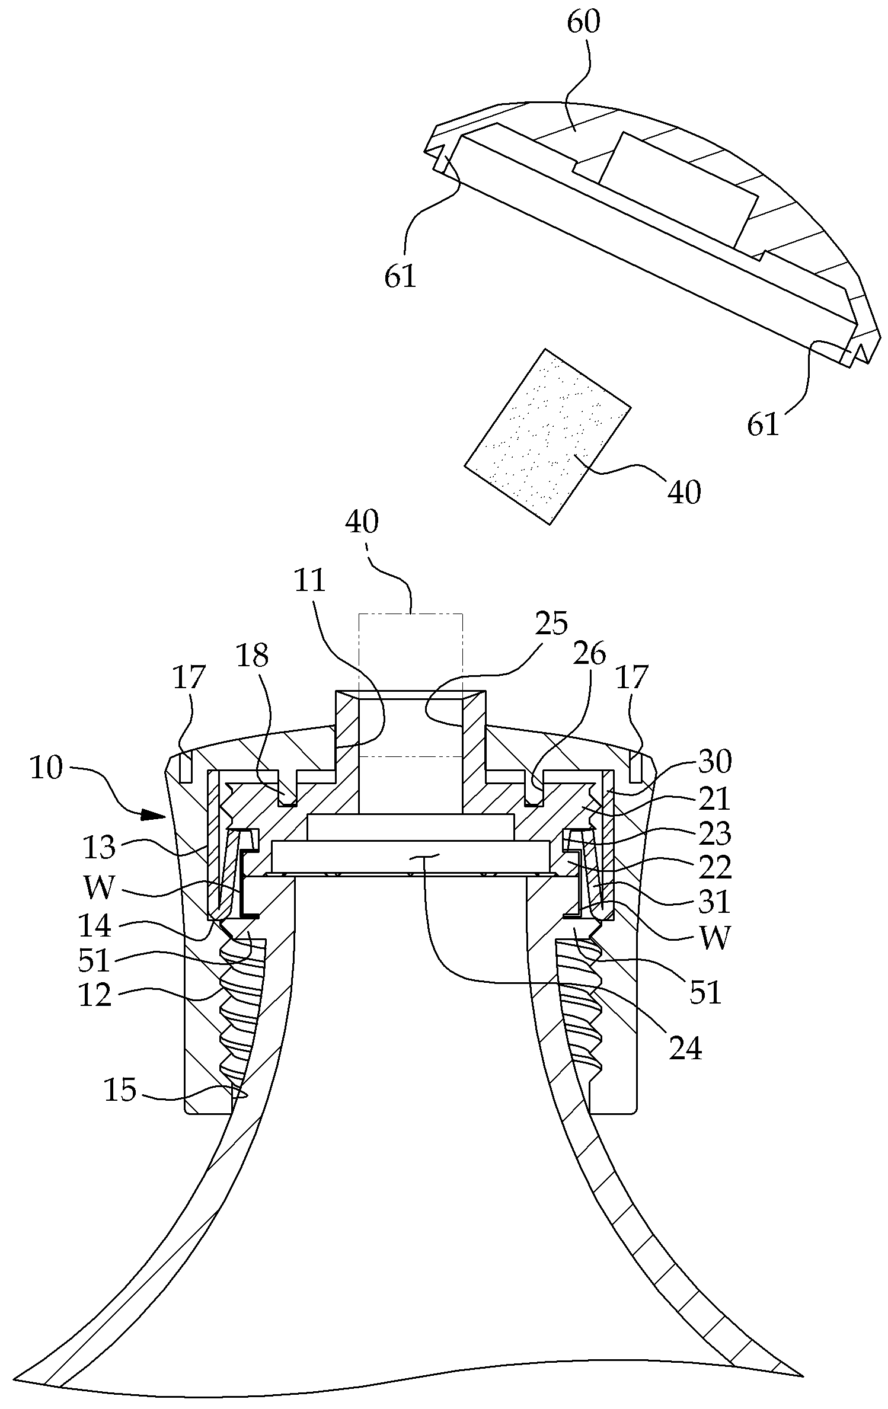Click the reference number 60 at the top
point(584,23)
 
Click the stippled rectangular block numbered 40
point(547,436)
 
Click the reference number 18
point(253,656)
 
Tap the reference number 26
point(590,654)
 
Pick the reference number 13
point(99,848)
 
